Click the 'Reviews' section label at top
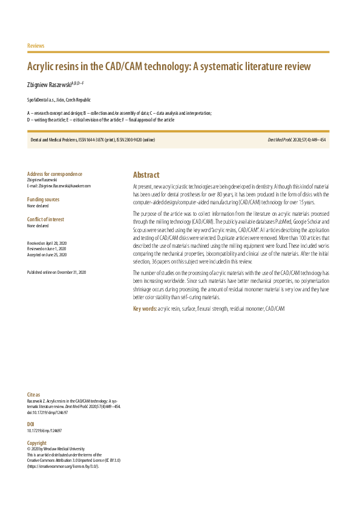click(x=36, y=46)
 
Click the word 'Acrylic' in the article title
click(x=47, y=66)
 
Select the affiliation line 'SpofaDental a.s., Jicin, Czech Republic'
click(x=59, y=100)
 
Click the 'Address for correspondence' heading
click(x=55, y=174)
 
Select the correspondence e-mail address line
click(x=59, y=186)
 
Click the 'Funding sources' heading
click(x=44, y=199)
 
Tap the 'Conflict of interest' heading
click(x=45, y=219)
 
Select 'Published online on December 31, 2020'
click(x=56, y=273)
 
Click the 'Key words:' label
click(x=145, y=309)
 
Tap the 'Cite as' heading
click(x=34, y=395)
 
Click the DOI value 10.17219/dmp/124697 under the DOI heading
click(x=44, y=431)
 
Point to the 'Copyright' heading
click(x=37, y=443)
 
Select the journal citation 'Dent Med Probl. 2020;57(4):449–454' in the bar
click(x=296, y=140)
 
